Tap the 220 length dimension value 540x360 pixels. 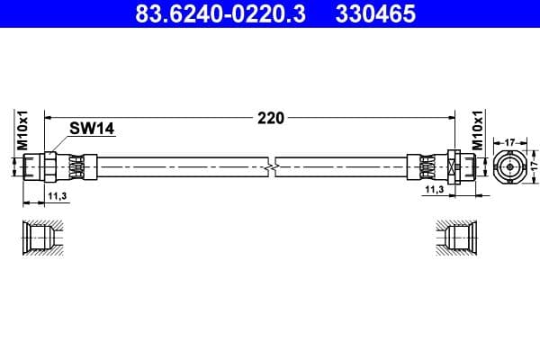(271, 117)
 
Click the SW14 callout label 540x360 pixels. (92, 130)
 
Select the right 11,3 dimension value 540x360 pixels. (433, 191)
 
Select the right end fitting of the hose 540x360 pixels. (436, 166)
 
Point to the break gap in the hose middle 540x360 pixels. (272, 166)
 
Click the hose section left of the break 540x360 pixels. (180, 166)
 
